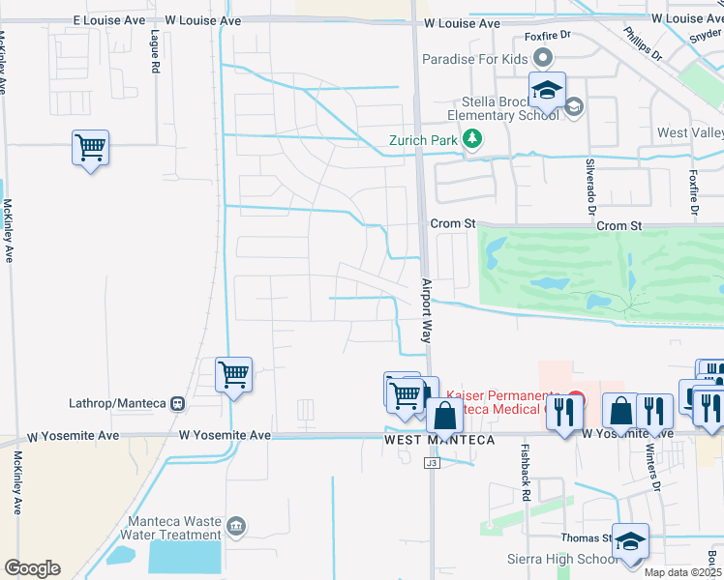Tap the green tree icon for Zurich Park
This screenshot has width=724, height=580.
472,139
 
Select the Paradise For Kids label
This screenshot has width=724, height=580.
475,59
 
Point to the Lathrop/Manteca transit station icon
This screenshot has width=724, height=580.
177,403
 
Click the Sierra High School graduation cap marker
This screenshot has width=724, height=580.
630,541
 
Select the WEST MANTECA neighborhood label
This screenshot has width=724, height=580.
439,440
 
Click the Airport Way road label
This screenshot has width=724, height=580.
425,311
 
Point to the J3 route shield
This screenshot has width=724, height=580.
432,463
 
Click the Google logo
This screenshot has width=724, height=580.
32,568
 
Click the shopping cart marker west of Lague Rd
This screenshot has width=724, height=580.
90,149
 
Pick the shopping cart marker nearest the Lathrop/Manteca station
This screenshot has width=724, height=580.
233,374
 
